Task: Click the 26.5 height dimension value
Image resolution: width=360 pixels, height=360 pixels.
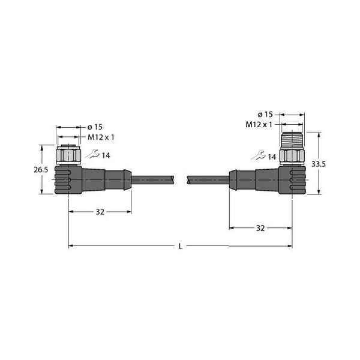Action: tap(41, 170)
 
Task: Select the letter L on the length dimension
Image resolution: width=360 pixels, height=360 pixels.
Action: tap(181, 245)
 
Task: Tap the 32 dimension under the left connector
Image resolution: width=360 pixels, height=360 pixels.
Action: tap(100, 212)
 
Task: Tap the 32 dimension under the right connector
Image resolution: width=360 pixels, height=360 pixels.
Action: tap(260, 228)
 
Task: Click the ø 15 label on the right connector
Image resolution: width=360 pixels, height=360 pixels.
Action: tap(265, 114)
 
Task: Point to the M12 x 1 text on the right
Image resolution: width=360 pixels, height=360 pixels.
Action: tap(259, 124)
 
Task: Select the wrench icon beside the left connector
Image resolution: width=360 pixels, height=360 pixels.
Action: tap(91, 155)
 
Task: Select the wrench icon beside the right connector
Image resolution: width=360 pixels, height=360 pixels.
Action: tap(257, 157)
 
